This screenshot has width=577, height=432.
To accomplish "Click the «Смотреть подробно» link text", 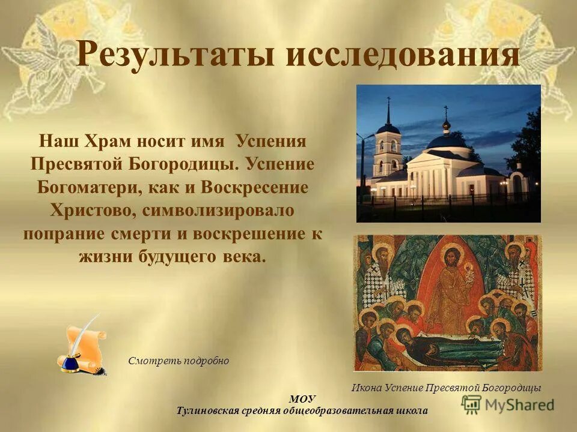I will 179,361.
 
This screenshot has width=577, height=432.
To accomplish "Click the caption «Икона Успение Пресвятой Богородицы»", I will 446,388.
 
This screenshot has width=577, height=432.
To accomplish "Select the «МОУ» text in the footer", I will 302,399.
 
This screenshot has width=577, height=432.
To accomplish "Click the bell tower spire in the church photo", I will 388,111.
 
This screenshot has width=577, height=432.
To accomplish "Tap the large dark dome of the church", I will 447,143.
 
